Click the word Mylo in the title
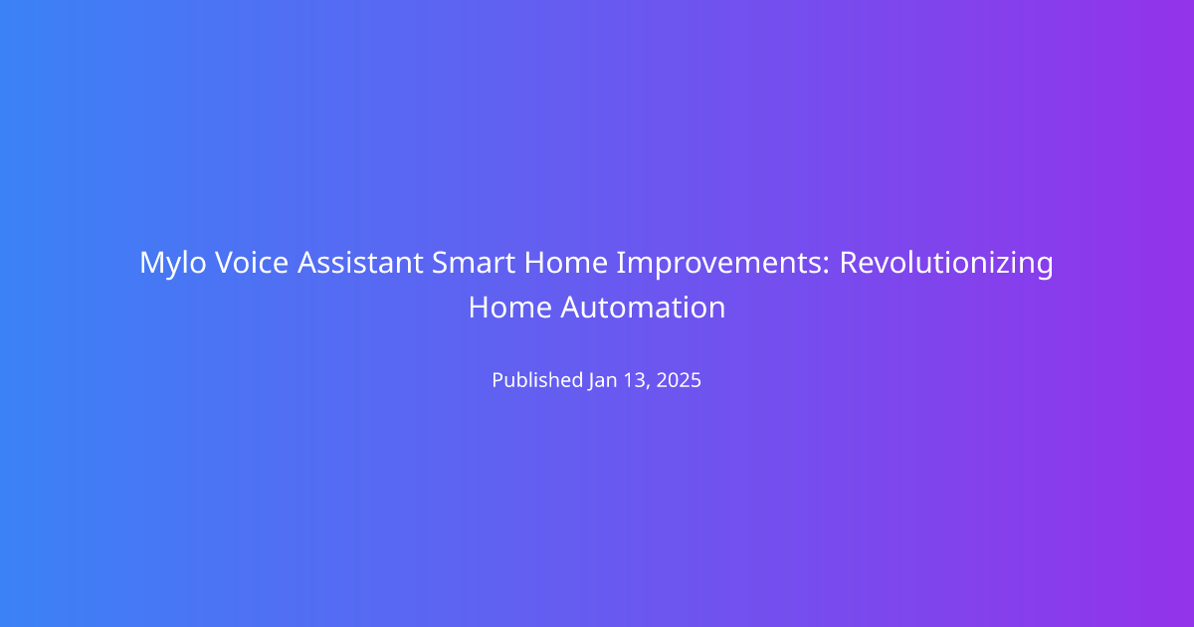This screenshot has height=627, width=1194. [x=173, y=264]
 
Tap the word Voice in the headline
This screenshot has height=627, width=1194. [x=252, y=263]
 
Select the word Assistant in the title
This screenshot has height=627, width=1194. [x=360, y=263]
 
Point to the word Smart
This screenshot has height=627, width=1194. [x=474, y=263]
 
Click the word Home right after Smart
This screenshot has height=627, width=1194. [x=565, y=263]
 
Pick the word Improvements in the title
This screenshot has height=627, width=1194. [x=719, y=264]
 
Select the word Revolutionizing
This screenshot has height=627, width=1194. [x=946, y=264]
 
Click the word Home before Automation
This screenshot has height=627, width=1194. [x=510, y=308]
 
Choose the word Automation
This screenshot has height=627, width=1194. [x=643, y=308]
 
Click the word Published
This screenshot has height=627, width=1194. [x=537, y=380]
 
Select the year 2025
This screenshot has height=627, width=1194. [x=679, y=380]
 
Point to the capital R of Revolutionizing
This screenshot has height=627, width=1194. [x=850, y=263]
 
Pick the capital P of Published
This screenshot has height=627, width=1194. [x=498, y=380]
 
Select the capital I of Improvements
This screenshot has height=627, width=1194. [x=620, y=263]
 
